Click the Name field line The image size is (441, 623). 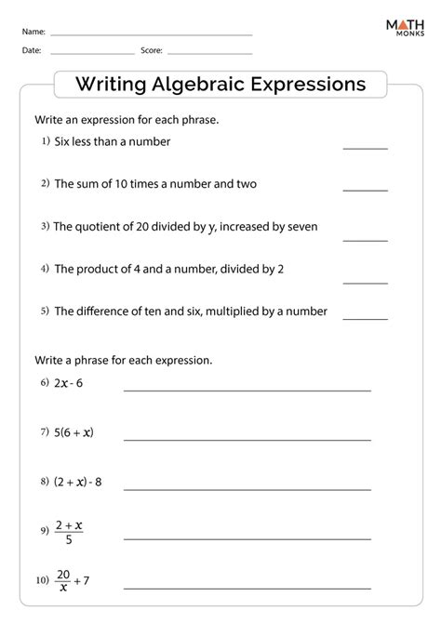point(151,34)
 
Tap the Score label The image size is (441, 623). point(152,52)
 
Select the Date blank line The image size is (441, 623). point(92,53)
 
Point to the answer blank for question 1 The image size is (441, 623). point(365,147)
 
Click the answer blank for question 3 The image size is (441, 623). point(365,240)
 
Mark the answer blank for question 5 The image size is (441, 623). point(365,318)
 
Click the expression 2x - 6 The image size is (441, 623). point(69,383)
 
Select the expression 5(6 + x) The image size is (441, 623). point(73,432)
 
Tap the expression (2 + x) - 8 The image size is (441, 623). point(77,483)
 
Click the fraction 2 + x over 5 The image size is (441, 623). point(69,532)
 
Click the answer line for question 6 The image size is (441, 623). point(247,390)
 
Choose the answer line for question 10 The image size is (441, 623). point(247,588)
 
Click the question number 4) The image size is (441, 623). point(44,269)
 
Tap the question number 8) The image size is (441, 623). point(44,482)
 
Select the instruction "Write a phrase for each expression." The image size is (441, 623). point(123,359)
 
